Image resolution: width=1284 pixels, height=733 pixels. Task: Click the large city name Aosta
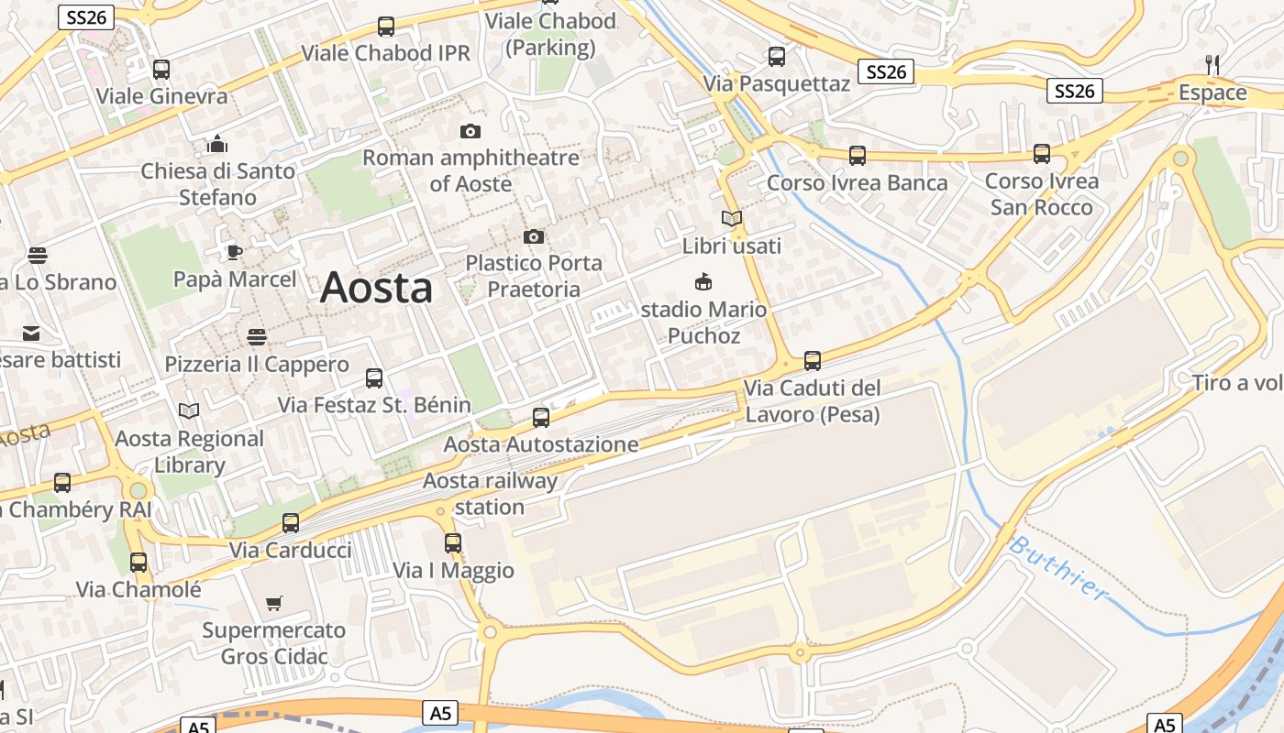point(376,288)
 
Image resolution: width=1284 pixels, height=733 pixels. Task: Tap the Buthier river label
point(1059,568)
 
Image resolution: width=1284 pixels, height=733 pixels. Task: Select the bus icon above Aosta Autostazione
point(541,418)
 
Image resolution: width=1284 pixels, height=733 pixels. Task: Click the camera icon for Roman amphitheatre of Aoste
point(470,132)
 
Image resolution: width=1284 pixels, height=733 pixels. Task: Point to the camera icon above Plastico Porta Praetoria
point(534,237)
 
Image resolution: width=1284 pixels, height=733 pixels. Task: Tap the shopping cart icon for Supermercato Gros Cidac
point(273,603)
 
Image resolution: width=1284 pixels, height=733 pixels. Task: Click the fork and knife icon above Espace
point(1212,64)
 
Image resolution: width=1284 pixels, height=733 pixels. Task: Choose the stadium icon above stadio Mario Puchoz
point(703,281)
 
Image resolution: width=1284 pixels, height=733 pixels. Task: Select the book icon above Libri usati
point(731,218)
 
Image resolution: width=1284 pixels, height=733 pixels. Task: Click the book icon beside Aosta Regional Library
point(189,411)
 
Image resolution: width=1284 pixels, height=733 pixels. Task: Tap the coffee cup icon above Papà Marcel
point(235,252)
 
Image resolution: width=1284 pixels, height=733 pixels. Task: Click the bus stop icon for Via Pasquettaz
point(777,57)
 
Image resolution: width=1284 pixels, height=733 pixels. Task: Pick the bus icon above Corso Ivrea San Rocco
point(1042,154)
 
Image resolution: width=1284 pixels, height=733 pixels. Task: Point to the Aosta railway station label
point(490,494)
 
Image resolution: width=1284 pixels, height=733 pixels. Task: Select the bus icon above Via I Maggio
point(453,542)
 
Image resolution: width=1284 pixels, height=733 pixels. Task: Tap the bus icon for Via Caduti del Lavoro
point(812,361)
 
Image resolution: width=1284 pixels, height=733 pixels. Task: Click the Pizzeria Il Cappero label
point(257,365)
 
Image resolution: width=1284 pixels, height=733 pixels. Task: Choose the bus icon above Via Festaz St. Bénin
point(374,377)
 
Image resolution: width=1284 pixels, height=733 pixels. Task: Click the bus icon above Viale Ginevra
point(161,69)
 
